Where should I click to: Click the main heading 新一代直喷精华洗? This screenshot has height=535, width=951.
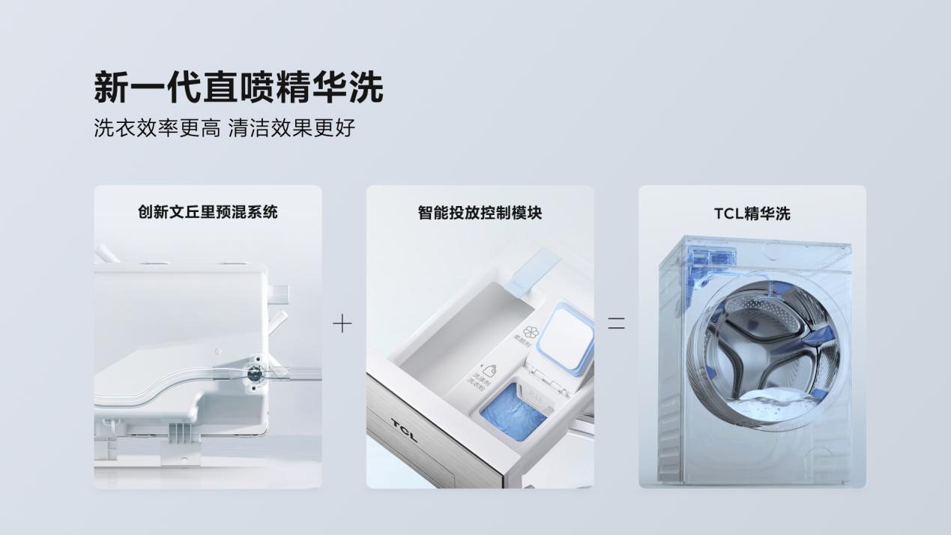coord(238,87)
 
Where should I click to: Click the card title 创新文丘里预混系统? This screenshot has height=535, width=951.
coord(208,212)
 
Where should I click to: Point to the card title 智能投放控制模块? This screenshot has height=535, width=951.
coord(480,213)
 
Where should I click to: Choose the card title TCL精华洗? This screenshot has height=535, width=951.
coord(752,214)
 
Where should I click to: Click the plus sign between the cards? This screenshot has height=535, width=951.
coord(342,324)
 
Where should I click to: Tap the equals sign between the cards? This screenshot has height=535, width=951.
coord(616,324)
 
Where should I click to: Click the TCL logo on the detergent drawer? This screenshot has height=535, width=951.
coord(405,431)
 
